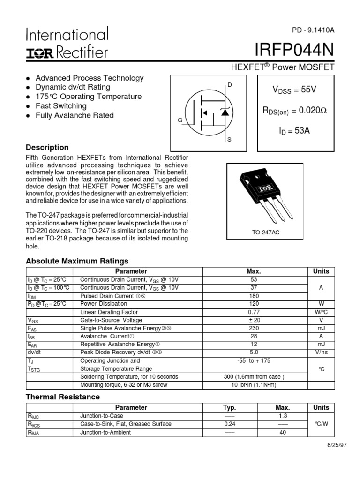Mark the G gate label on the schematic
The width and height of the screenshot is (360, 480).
point(180,120)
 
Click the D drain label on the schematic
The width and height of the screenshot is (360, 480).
point(229,85)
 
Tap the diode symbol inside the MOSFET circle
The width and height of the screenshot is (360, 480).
point(224,112)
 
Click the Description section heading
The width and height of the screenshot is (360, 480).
point(47,147)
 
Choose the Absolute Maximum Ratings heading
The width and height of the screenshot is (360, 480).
point(77,261)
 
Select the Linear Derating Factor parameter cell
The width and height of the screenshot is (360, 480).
point(109,312)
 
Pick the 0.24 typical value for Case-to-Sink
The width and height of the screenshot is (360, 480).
point(229,424)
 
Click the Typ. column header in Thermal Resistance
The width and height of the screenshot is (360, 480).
point(229,408)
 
